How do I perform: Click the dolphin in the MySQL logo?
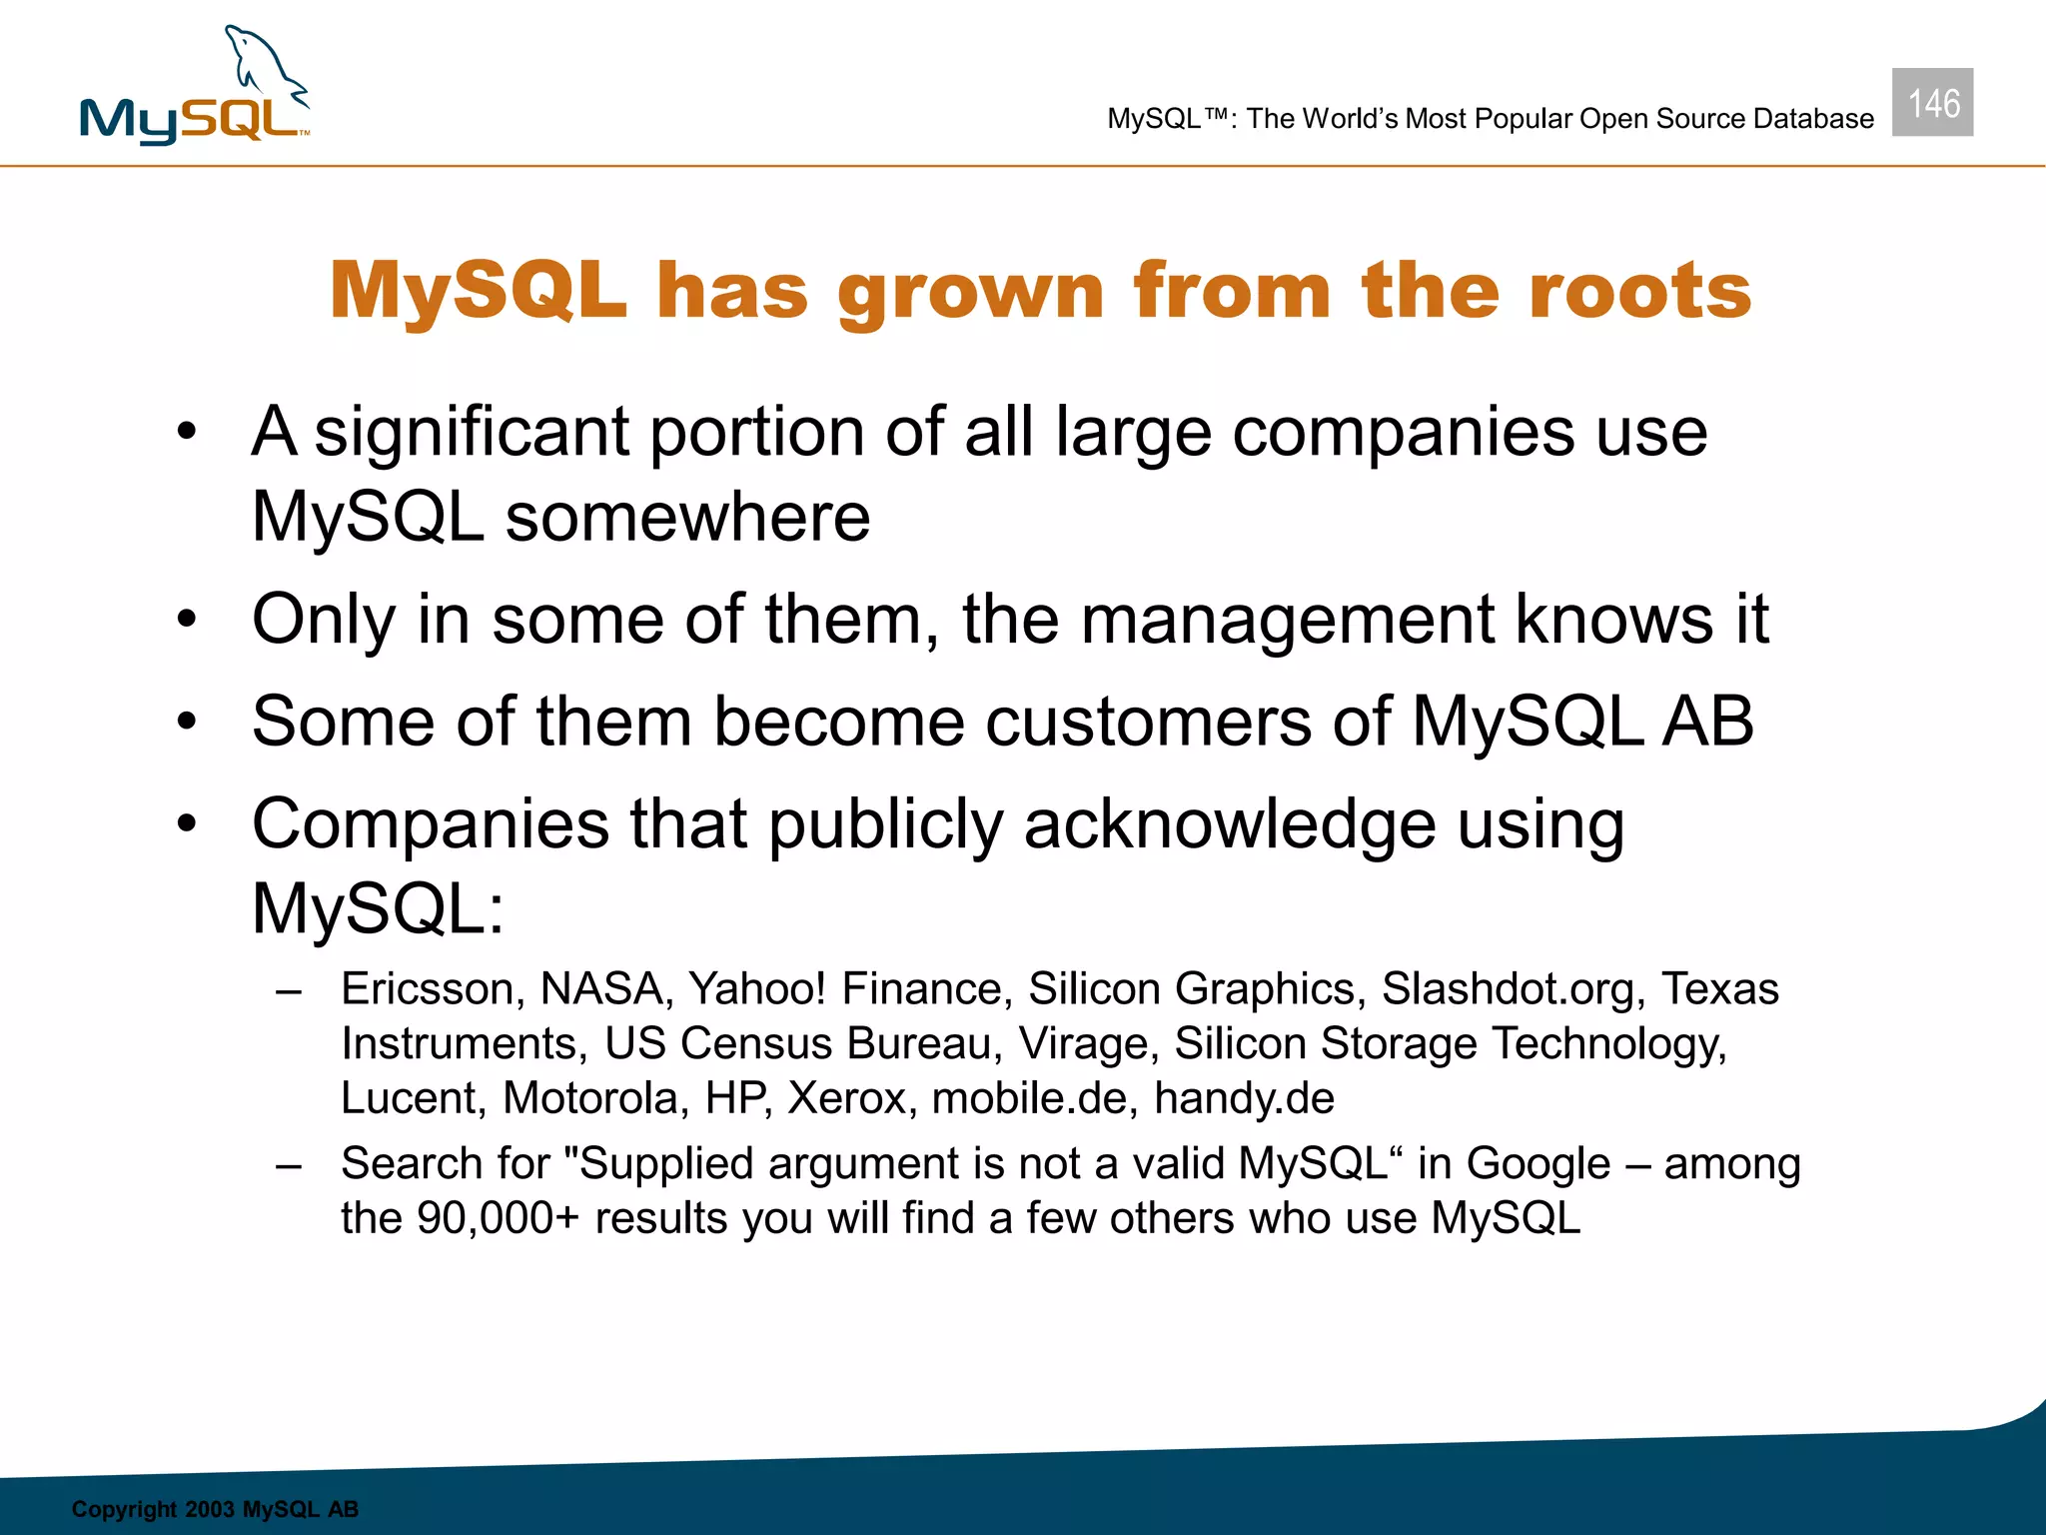264,66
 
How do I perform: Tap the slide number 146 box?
1932,103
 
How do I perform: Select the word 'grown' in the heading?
970,293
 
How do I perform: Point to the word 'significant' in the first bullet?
472,433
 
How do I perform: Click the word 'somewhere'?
687,518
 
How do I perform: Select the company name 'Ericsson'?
428,989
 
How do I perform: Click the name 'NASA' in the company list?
600,989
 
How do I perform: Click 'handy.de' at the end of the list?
1244,1098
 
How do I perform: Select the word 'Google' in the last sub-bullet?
1537,1164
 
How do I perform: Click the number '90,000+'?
498,1219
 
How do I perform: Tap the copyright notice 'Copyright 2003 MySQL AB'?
215,1509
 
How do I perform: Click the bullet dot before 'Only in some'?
187,620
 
